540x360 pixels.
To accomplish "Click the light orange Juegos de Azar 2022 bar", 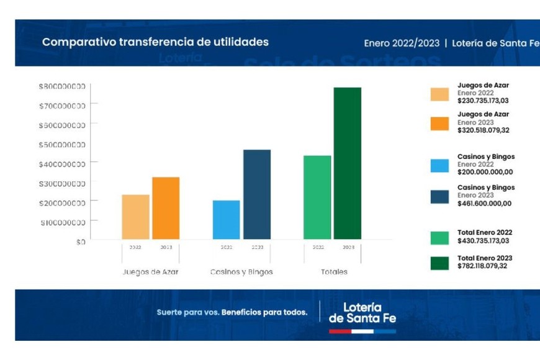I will pos(135,217).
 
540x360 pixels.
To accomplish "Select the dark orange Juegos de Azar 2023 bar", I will pos(166,209).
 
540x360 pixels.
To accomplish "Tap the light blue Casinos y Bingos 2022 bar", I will pos(226,220).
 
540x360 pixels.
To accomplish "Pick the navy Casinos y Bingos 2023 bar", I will pos(257,194).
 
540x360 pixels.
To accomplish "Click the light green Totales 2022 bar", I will pos(317,197).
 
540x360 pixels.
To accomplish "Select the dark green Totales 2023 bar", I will pos(348,163).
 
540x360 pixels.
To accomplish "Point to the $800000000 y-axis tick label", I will pos(62,86).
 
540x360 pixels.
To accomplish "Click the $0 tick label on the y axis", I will pos(81,241).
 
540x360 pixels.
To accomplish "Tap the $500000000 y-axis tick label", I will pos(62,145).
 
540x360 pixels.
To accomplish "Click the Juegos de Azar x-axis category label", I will pos(150,272).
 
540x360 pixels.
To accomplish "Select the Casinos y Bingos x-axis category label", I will pos(241,272).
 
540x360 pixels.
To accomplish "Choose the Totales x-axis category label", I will pos(334,272).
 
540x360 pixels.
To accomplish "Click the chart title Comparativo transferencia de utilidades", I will pos(155,42).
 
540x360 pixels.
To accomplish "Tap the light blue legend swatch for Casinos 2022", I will pos(439,166).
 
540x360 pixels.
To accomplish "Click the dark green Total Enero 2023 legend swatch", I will pos(439,263).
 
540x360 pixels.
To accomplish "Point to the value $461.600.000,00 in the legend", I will pos(484,203).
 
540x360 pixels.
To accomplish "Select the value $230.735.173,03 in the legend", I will pos(483,101).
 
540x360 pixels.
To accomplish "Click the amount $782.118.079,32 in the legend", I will pos(483,266).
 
